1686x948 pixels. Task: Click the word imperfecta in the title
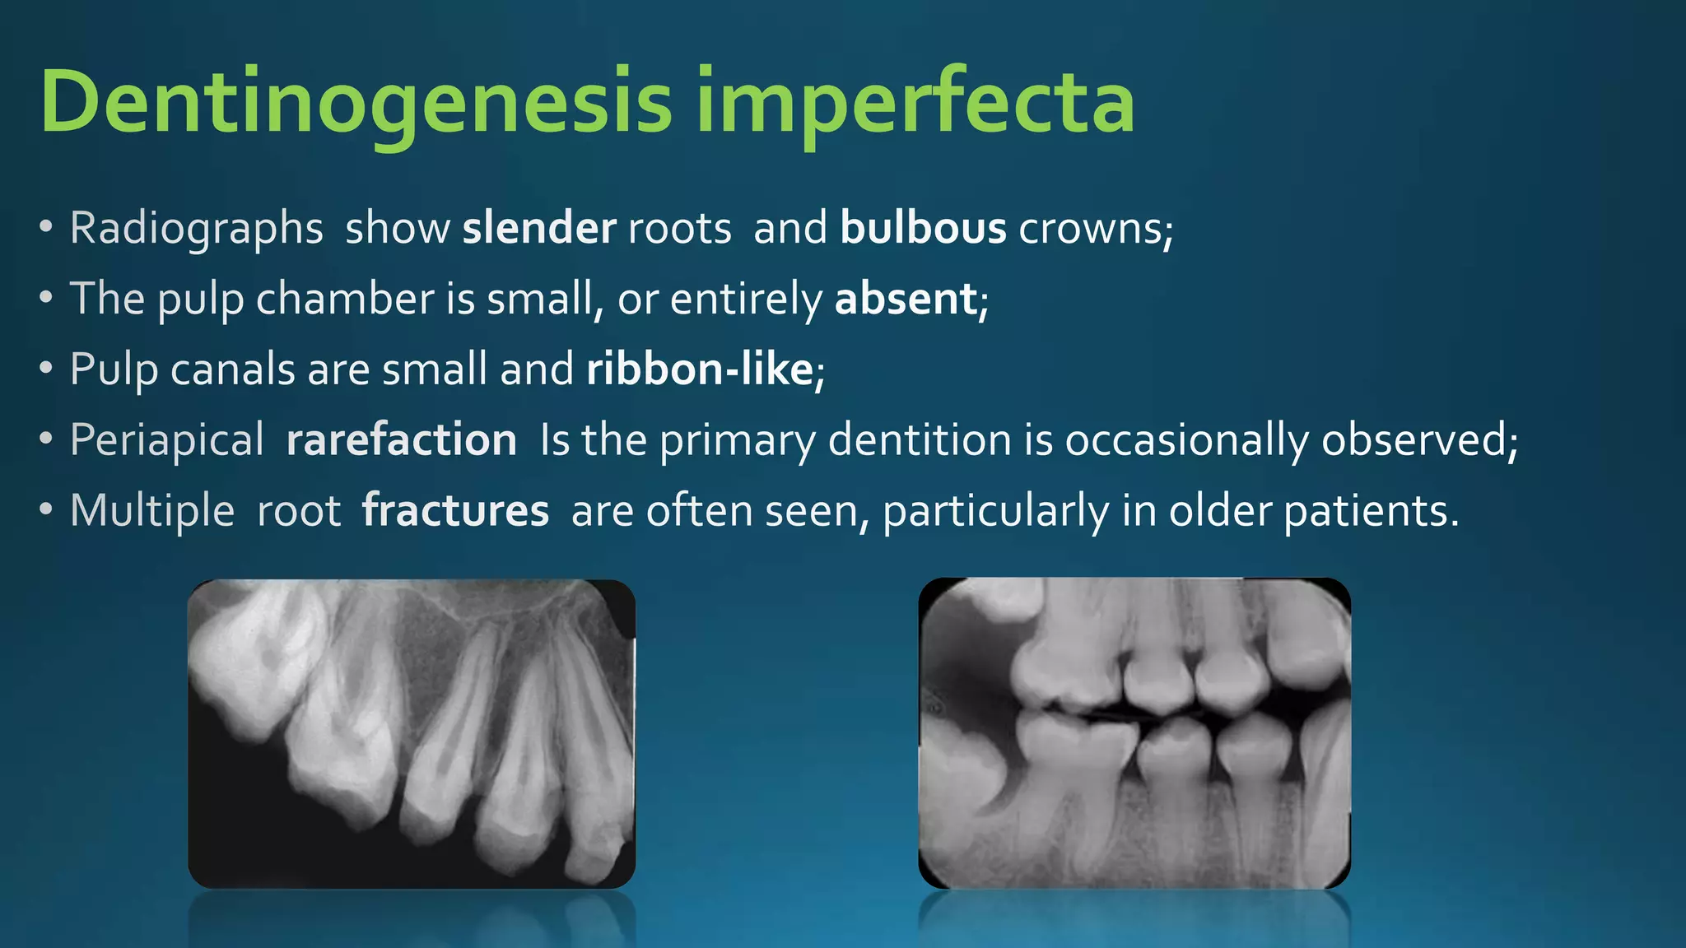click(915, 103)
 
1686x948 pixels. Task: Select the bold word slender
click(538, 228)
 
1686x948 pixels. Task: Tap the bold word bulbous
click(923, 228)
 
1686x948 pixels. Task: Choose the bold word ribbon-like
click(700, 369)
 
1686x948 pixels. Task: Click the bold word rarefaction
click(401, 440)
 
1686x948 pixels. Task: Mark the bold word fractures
click(455, 511)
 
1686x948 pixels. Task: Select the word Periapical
click(166, 440)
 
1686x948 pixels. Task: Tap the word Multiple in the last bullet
click(152, 511)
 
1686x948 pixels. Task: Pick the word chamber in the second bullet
click(345, 299)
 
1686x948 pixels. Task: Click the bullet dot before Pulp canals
click(46, 368)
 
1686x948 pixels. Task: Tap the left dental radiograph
click(412, 733)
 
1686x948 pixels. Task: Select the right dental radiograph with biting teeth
click(1134, 733)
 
